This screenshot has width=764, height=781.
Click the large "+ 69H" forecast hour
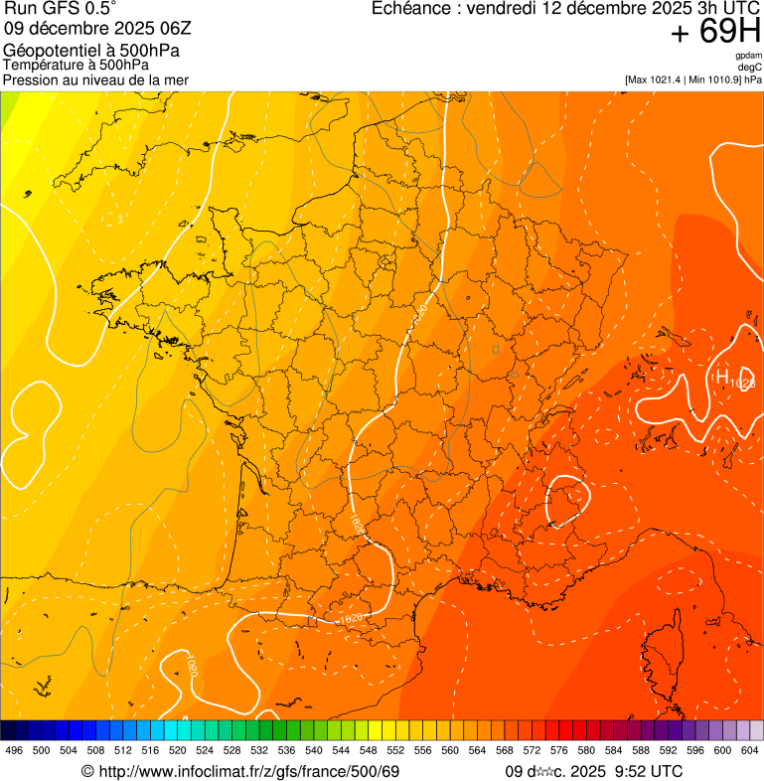point(715,32)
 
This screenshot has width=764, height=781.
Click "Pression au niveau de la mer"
point(95,79)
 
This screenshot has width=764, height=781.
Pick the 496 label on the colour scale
point(14,751)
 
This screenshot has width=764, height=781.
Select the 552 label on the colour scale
point(394,751)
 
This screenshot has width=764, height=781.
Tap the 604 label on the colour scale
point(749,751)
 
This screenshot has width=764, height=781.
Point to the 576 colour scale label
point(558,751)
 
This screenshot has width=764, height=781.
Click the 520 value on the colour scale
point(177,751)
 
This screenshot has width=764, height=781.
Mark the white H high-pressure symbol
point(721,376)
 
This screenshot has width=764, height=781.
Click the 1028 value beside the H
point(742,383)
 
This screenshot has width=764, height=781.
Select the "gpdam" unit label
point(748,57)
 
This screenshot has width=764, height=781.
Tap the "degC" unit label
point(750,68)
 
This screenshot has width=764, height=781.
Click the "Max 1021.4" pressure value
point(661,78)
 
